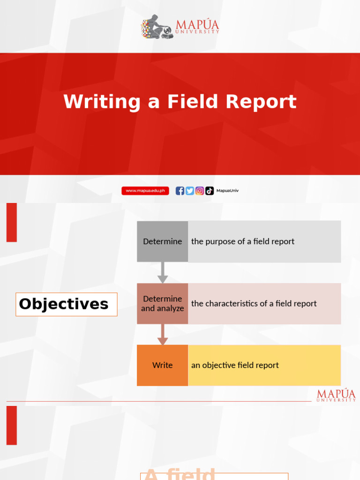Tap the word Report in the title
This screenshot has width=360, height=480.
click(x=262, y=102)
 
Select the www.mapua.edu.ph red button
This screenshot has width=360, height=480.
click(x=145, y=191)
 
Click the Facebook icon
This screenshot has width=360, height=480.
click(x=180, y=191)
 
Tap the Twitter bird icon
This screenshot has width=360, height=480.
click(x=190, y=191)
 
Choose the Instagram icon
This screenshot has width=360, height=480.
click(x=200, y=191)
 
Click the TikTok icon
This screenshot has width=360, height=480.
click(x=210, y=191)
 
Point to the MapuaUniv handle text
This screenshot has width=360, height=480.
click(x=227, y=191)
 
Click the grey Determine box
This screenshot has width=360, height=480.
click(x=162, y=241)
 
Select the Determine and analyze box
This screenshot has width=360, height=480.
click(x=162, y=303)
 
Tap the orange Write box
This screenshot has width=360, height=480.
click(x=162, y=365)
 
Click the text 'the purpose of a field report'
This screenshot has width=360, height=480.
click(x=243, y=241)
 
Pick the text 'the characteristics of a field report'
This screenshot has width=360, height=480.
click(x=254, y=303)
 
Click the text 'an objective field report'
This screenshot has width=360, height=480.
click(x=235, y=365)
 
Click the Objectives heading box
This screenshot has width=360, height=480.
click(x=66, y=304)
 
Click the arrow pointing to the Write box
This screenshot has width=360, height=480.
click(x=162, y=335)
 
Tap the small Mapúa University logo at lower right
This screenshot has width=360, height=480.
click(x=336, y=395)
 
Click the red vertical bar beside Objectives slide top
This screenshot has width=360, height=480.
click(x=12, y=222)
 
